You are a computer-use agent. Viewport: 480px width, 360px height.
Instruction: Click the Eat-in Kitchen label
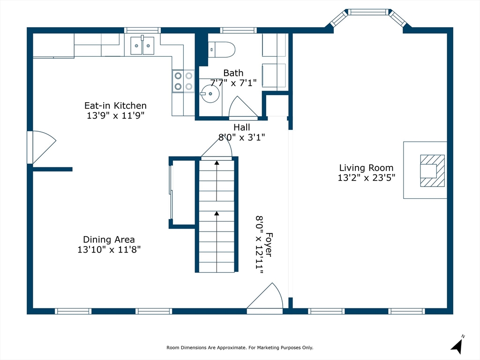(x=115, y=105)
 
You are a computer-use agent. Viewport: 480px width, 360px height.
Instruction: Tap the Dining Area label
(x=109, y=240)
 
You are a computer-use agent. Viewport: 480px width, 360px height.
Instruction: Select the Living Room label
(x=366, y=168)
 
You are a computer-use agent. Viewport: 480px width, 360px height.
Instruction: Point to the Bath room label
(x=233, y=73)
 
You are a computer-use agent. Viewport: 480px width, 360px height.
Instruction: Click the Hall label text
(x=241, y=127)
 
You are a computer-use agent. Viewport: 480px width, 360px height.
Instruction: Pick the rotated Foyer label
(x=269, y=244)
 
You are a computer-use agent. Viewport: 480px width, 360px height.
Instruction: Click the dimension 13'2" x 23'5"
(x=367, y=178)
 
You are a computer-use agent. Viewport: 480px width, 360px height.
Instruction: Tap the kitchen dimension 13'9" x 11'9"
(x=115, y=115)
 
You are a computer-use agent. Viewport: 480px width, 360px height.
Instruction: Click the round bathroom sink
(x=210, y=94)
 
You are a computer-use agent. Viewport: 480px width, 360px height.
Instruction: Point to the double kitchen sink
(x=142, y=45)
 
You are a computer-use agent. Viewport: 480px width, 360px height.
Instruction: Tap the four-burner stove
(x=183, y=81)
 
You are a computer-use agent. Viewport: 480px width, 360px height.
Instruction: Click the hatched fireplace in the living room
(x=432, y=171)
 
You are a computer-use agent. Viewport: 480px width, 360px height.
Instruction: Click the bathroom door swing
(x=243, y=107)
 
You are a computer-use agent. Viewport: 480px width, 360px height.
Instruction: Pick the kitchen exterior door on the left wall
(x=42, y=147)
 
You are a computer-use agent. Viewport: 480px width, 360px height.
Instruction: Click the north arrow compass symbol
(x=457, y=345)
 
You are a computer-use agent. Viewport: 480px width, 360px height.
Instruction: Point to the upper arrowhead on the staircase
(x=217, y=163)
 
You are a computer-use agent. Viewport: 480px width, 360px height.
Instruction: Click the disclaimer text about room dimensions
(x=240, y=347)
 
